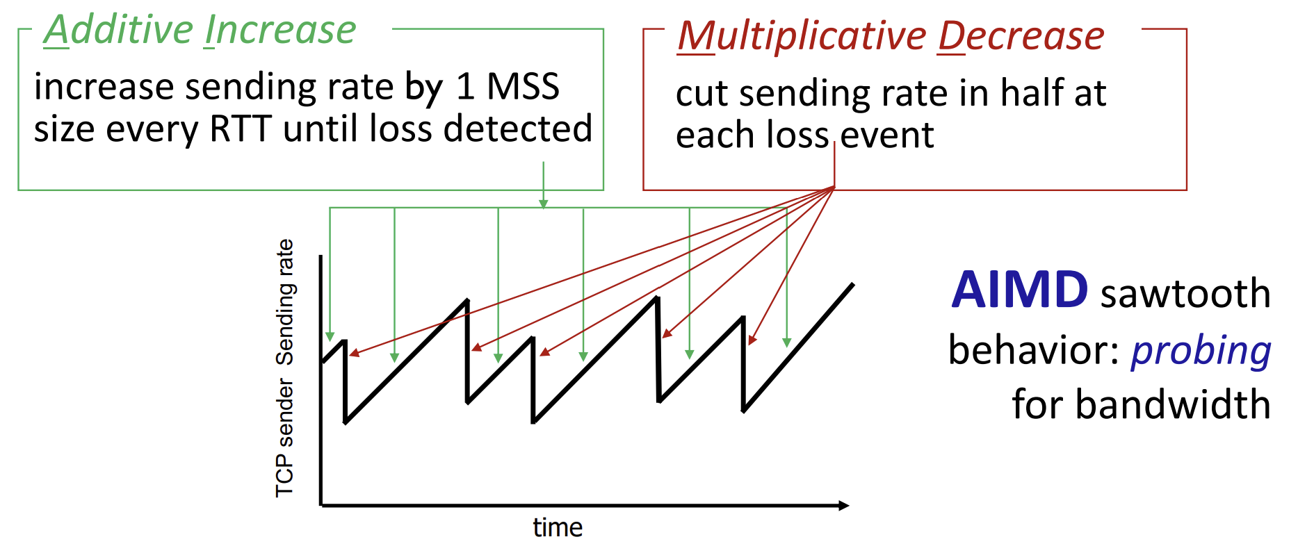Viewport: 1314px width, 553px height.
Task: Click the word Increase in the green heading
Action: (281, 31)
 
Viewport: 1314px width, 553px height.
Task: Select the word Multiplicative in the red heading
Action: (802, 37)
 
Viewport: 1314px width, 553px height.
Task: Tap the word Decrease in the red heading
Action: (1021, 36)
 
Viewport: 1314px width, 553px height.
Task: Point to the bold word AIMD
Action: (1020, 290)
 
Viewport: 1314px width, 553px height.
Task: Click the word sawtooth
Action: (1186, 293)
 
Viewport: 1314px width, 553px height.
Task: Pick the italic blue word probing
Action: (1201, 351)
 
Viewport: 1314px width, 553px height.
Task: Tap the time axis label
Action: (558, 528)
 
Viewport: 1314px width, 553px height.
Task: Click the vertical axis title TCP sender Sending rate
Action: (285, 368)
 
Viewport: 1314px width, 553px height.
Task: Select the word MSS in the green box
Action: (523, 87)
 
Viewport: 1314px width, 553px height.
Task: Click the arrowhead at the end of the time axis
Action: (844, 505)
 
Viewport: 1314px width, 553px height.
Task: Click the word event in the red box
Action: (887, 135)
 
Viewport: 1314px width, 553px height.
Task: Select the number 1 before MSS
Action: (465, 88)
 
